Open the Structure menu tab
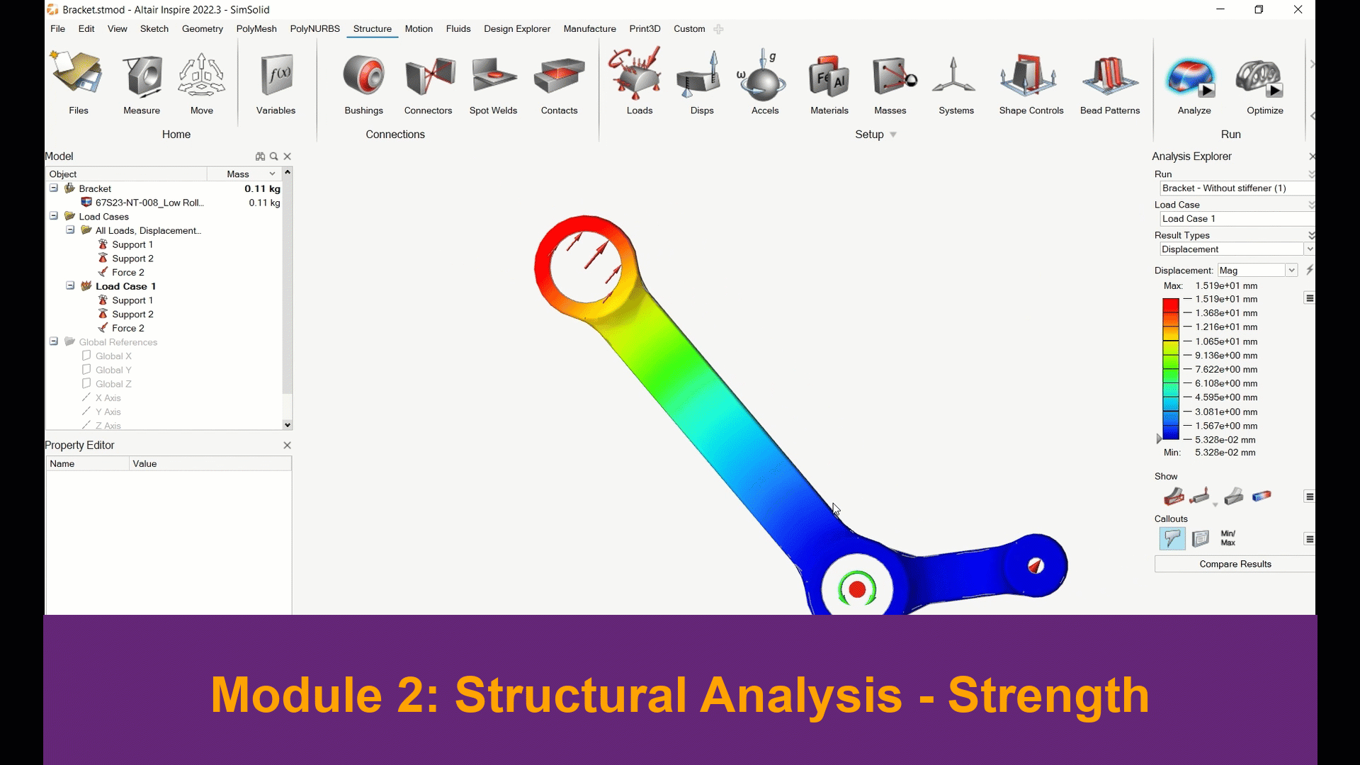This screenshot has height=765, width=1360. coord(373,29)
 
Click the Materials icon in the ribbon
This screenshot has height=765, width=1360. coord(829,76)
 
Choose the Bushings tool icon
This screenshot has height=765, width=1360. coord(363,76)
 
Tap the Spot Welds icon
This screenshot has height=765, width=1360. coord(494,76)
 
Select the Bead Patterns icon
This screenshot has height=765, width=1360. coord(1109,76)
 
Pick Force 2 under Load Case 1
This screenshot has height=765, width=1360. coord(127,328)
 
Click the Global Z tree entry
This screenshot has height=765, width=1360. coord(113,384)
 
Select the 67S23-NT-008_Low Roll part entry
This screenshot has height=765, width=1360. coord(149,203)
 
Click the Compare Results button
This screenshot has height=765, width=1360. coord(1235,564)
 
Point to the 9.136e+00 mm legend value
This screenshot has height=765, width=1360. coord(1226,356)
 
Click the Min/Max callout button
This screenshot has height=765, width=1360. coord(1228,538)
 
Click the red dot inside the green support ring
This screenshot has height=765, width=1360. coord(857,589)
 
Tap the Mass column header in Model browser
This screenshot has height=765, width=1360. coord(238,174)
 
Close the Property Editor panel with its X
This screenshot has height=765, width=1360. coord(287,446)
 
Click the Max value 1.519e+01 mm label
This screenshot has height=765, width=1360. coord(1226,286)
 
